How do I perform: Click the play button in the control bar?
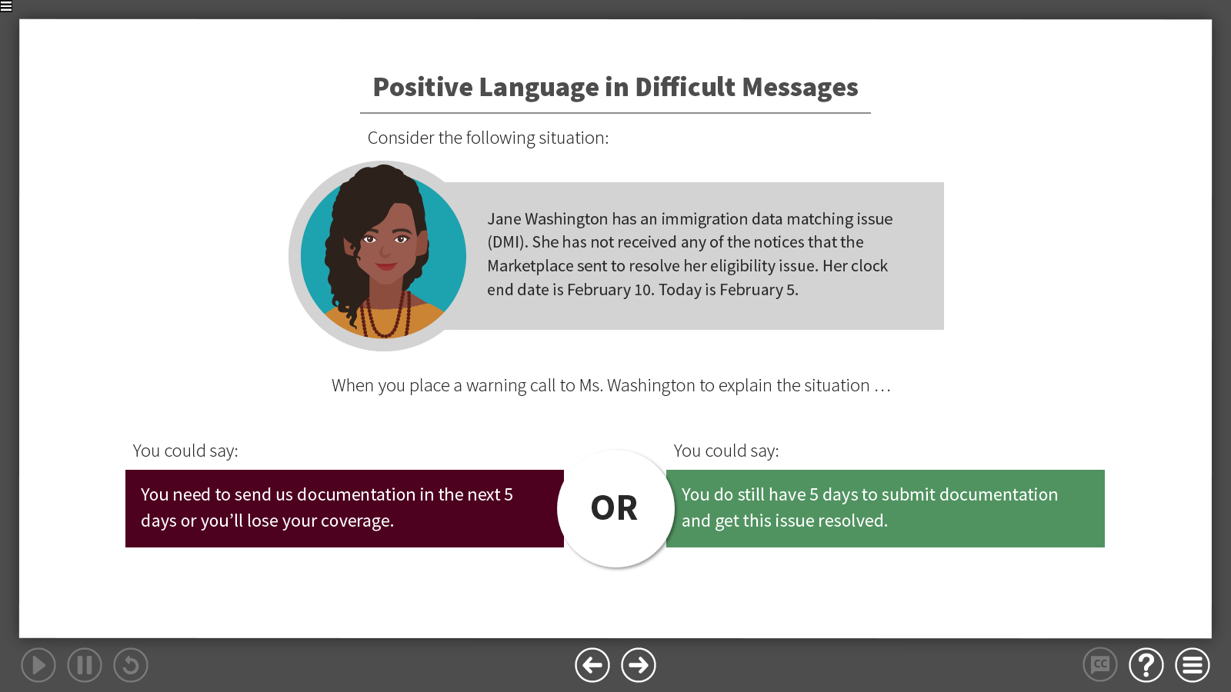pyautogui.click(x=38, y=665)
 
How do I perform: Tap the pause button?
pyautogui.click(x=85, y=665)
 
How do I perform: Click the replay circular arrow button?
pyautogui.click(x=131, y=665)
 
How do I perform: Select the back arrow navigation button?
pyautogui.click(x=592, y=665)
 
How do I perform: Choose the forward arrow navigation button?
pyautogui.click(x=639, y=665)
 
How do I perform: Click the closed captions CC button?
pyautogui.click(x=1100, y=665)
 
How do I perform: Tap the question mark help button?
pyautogui.click(x=1146, y=665)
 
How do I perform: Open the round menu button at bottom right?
pyautogui.click(x=1193, y=665)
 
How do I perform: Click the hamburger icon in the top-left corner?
pyautogui.click(x=6, y=6)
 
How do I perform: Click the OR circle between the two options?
pyautogui.click(x=614, y=508)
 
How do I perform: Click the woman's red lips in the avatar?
pyautogui.click(x=386, y=267)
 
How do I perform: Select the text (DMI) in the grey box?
pyautogui.click(x=507, y=242)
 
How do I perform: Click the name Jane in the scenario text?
pyautogui.click(x=504, y=219)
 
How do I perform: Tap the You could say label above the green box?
pyautogui.click(x=726, y=451)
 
